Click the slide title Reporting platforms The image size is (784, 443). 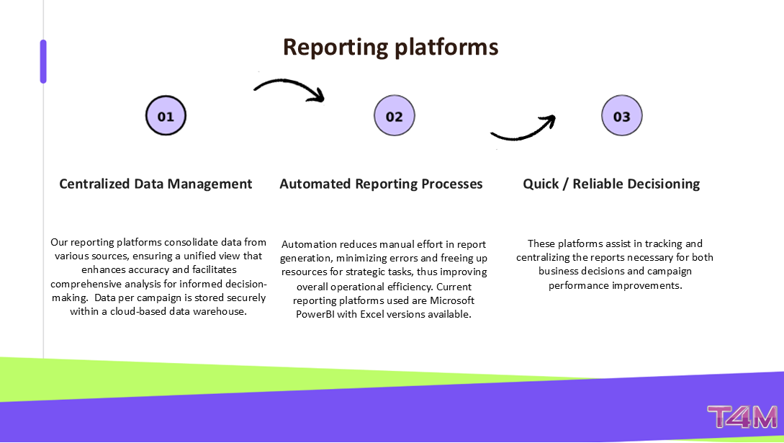[x=390, y=47]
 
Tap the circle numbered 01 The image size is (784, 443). [x=166, y=116]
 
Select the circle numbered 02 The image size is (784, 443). [x=395, y=116]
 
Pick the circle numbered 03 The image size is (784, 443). [x=621, y=116]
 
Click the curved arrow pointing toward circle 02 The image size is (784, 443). [x=289, y=89]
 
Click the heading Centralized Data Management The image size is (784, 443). [x=156, y=184]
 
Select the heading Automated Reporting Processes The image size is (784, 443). [x=381, y=184]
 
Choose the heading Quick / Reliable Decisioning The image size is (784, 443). [x=611, y=184]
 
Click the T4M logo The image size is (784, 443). [x=742, y=419]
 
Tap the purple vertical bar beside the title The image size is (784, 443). [x=43, y=61]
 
